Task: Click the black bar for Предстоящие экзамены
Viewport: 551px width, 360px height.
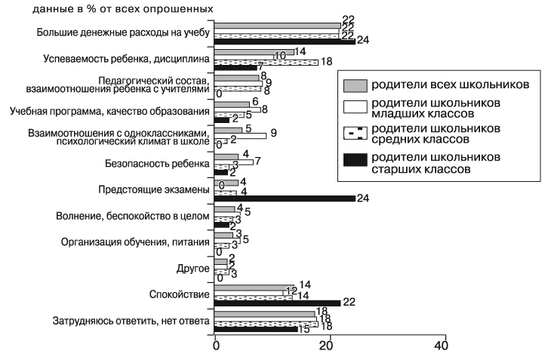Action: tap(285, 198)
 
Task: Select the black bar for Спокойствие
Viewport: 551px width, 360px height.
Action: tap(277, 302)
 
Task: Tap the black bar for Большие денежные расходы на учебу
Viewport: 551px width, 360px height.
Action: tap(285, 42)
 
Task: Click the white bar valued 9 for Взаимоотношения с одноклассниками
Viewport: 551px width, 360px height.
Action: tap(241, 135)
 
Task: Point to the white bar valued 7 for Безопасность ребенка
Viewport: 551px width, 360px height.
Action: tap(234, 161)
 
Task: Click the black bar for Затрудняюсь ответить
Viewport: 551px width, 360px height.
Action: tap(257, 329)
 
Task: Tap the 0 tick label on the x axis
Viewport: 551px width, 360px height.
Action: tap(216, 347)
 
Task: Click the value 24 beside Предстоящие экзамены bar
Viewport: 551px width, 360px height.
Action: tap(364, 199)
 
